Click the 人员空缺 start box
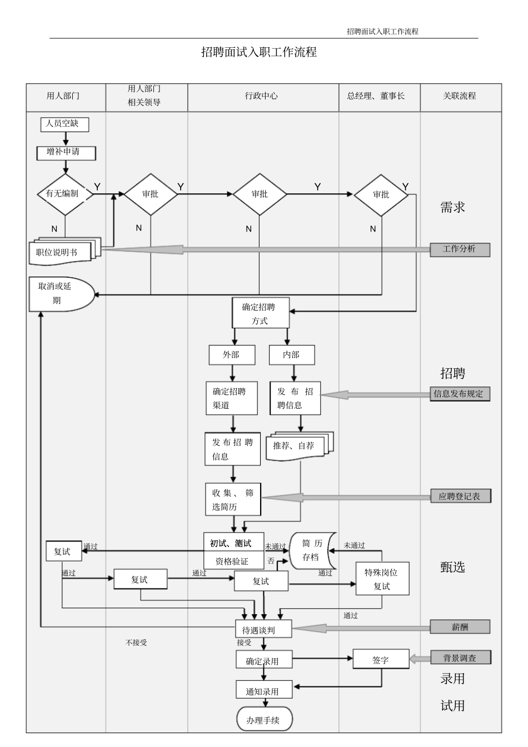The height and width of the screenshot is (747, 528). pos(64,124)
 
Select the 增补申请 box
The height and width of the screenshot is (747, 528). pos(66,152)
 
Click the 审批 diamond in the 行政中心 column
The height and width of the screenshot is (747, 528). pos(260,194)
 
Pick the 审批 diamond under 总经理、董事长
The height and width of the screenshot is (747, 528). pos(381,194)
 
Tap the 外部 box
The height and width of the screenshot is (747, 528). pos(232,355)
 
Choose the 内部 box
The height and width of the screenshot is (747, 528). pos(292,355)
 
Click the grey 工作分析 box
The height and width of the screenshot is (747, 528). pos(460,249)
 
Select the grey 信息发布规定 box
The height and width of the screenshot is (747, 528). pos(460,394)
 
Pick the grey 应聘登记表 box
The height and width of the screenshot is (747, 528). pos(460,496)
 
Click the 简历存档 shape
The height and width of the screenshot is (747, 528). pos(311,550)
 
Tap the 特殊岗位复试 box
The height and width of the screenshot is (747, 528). pos(382,579)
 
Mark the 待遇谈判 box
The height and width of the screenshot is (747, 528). pos(263,629)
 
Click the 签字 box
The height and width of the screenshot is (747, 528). pos(381,659)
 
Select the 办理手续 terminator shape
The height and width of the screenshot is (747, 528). pos(264,720)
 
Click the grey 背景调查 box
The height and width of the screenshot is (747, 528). pos(460,658)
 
